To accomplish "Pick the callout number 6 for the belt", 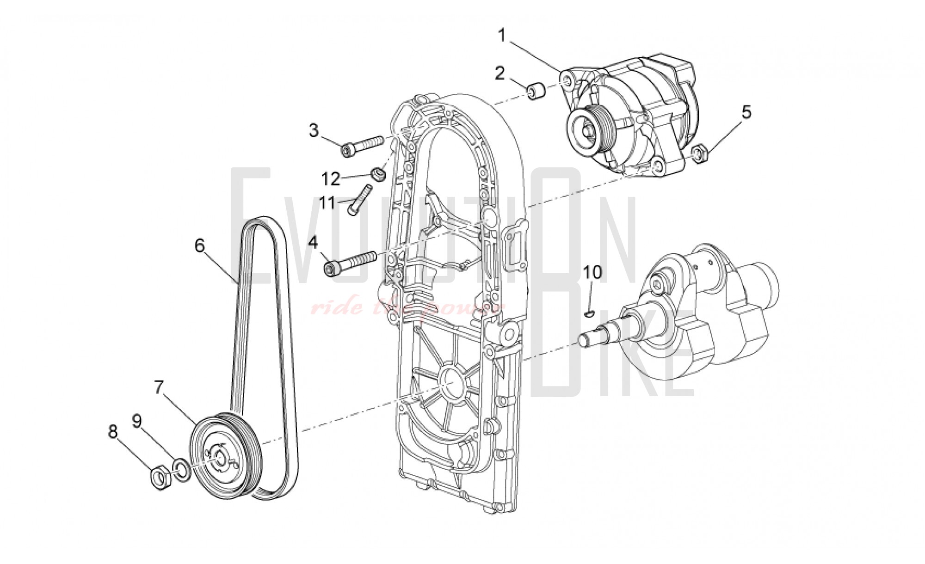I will click(x=199, y=245).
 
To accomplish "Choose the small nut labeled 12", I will click(x=379, y=174).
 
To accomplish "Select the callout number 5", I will click(x=746, y=112).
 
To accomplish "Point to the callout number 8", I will click(x=113, y=432).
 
